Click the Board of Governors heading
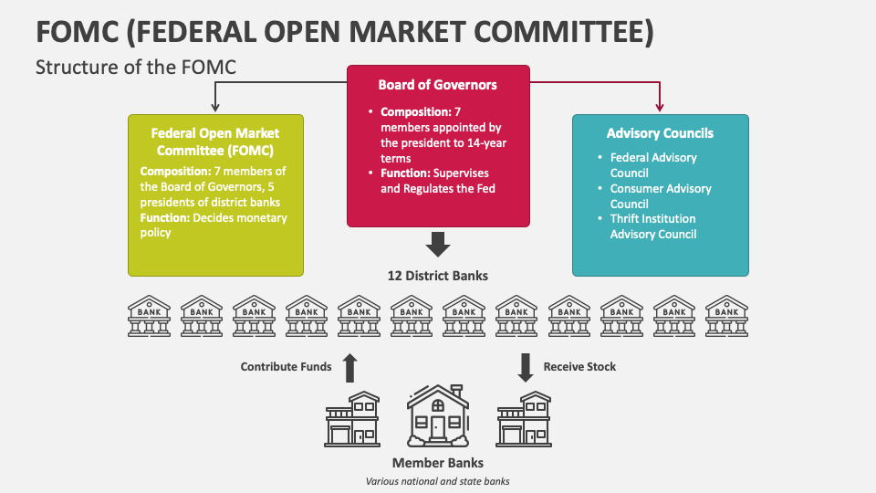(438, 85)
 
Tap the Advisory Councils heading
(660, 133)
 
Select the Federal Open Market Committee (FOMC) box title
(215, 142)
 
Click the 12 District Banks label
(437, 276)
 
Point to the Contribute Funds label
(286, 367)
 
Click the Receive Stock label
(579, 367)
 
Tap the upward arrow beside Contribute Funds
(349, 367)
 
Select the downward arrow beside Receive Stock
(526, 367)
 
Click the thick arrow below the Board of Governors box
(438, 245)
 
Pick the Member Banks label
(437, 463)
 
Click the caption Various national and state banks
(437, 481)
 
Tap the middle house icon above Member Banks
(438, 416)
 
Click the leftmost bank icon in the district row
(148, 315)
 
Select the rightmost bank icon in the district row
(726, 315)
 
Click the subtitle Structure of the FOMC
(135, 67)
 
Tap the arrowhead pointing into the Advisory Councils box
(660, 108)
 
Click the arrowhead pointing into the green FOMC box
(215, 108)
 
